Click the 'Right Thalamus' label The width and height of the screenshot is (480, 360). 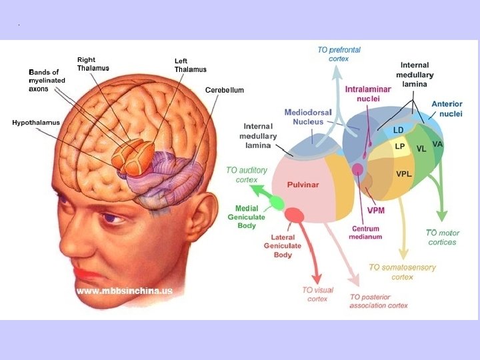point(93,64)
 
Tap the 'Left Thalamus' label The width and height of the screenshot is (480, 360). point(190,65)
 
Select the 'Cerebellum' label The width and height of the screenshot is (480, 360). point(224,90)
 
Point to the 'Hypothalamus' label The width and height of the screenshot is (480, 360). point(36,123)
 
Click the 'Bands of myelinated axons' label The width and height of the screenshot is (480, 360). point(43,80)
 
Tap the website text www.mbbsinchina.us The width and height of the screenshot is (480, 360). point(125,291)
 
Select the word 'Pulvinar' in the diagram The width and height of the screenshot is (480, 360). point(303,185)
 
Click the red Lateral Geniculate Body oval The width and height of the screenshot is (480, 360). point(294,215)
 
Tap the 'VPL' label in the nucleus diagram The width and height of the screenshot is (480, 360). point(404,174)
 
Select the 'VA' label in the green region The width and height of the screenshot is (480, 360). point(438,144)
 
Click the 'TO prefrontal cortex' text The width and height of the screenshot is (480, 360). point(339,54)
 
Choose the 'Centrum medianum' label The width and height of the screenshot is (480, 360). point(366,233)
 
